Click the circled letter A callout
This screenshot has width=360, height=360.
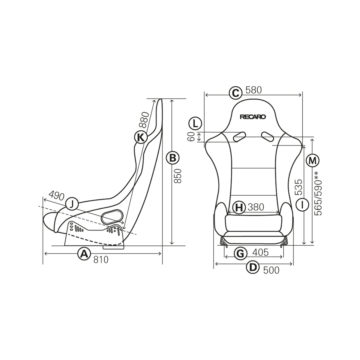pyautogui.click(x=84, y=254)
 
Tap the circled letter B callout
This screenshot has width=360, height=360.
pyautogui.click(x=172, y=158)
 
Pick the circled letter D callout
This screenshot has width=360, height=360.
pyautogui.click(x=253, y=267)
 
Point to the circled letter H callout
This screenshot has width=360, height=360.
pyautogui.click(x=239, y=207)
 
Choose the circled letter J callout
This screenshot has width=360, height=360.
pyautogui.click(x=71, y=204)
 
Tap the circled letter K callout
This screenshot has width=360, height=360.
pyautogui.click(x=140, y=137)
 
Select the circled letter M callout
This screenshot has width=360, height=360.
pyautogui.click(x=313, y=160)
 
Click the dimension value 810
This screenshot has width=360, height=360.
pyautogui.click(x=101, y=260)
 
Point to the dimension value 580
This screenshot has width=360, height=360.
pyautogui.click(x=253, y=90)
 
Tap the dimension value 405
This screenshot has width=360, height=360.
pyautogui.click(x=260, y=252)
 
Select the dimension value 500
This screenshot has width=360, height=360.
pyautogui.click(x=271, y=270)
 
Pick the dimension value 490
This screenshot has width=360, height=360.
pyautogui.click(x=56, y=196)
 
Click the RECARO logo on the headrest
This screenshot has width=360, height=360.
pyautogui.click(x=253, y=117)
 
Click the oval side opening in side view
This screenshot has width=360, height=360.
pyautogui.click(x=112, y=217)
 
